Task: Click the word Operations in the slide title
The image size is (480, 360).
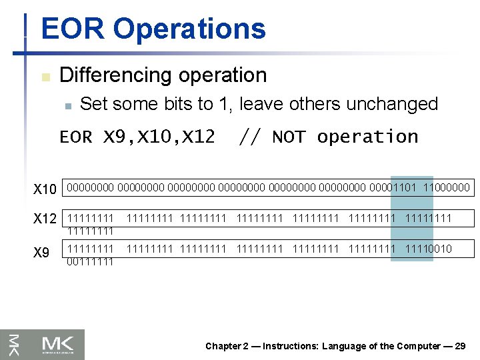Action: [189, 29]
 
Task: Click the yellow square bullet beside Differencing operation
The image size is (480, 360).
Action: [45, 77]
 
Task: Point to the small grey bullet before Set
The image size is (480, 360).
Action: [67, 105]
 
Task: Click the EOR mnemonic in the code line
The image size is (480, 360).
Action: [76, 137]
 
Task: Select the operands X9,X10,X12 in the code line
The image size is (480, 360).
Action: [159, 137]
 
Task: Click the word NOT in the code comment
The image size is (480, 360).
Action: [289, 137]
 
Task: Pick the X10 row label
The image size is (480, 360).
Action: [45, 189]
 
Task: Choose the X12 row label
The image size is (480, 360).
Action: [45, 219]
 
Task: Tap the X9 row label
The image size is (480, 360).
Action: [41, 253]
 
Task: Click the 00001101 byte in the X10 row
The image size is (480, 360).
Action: [393, 189]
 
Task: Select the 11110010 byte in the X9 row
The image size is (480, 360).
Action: [428, 249]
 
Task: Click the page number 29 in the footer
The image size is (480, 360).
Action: [459, 346]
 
